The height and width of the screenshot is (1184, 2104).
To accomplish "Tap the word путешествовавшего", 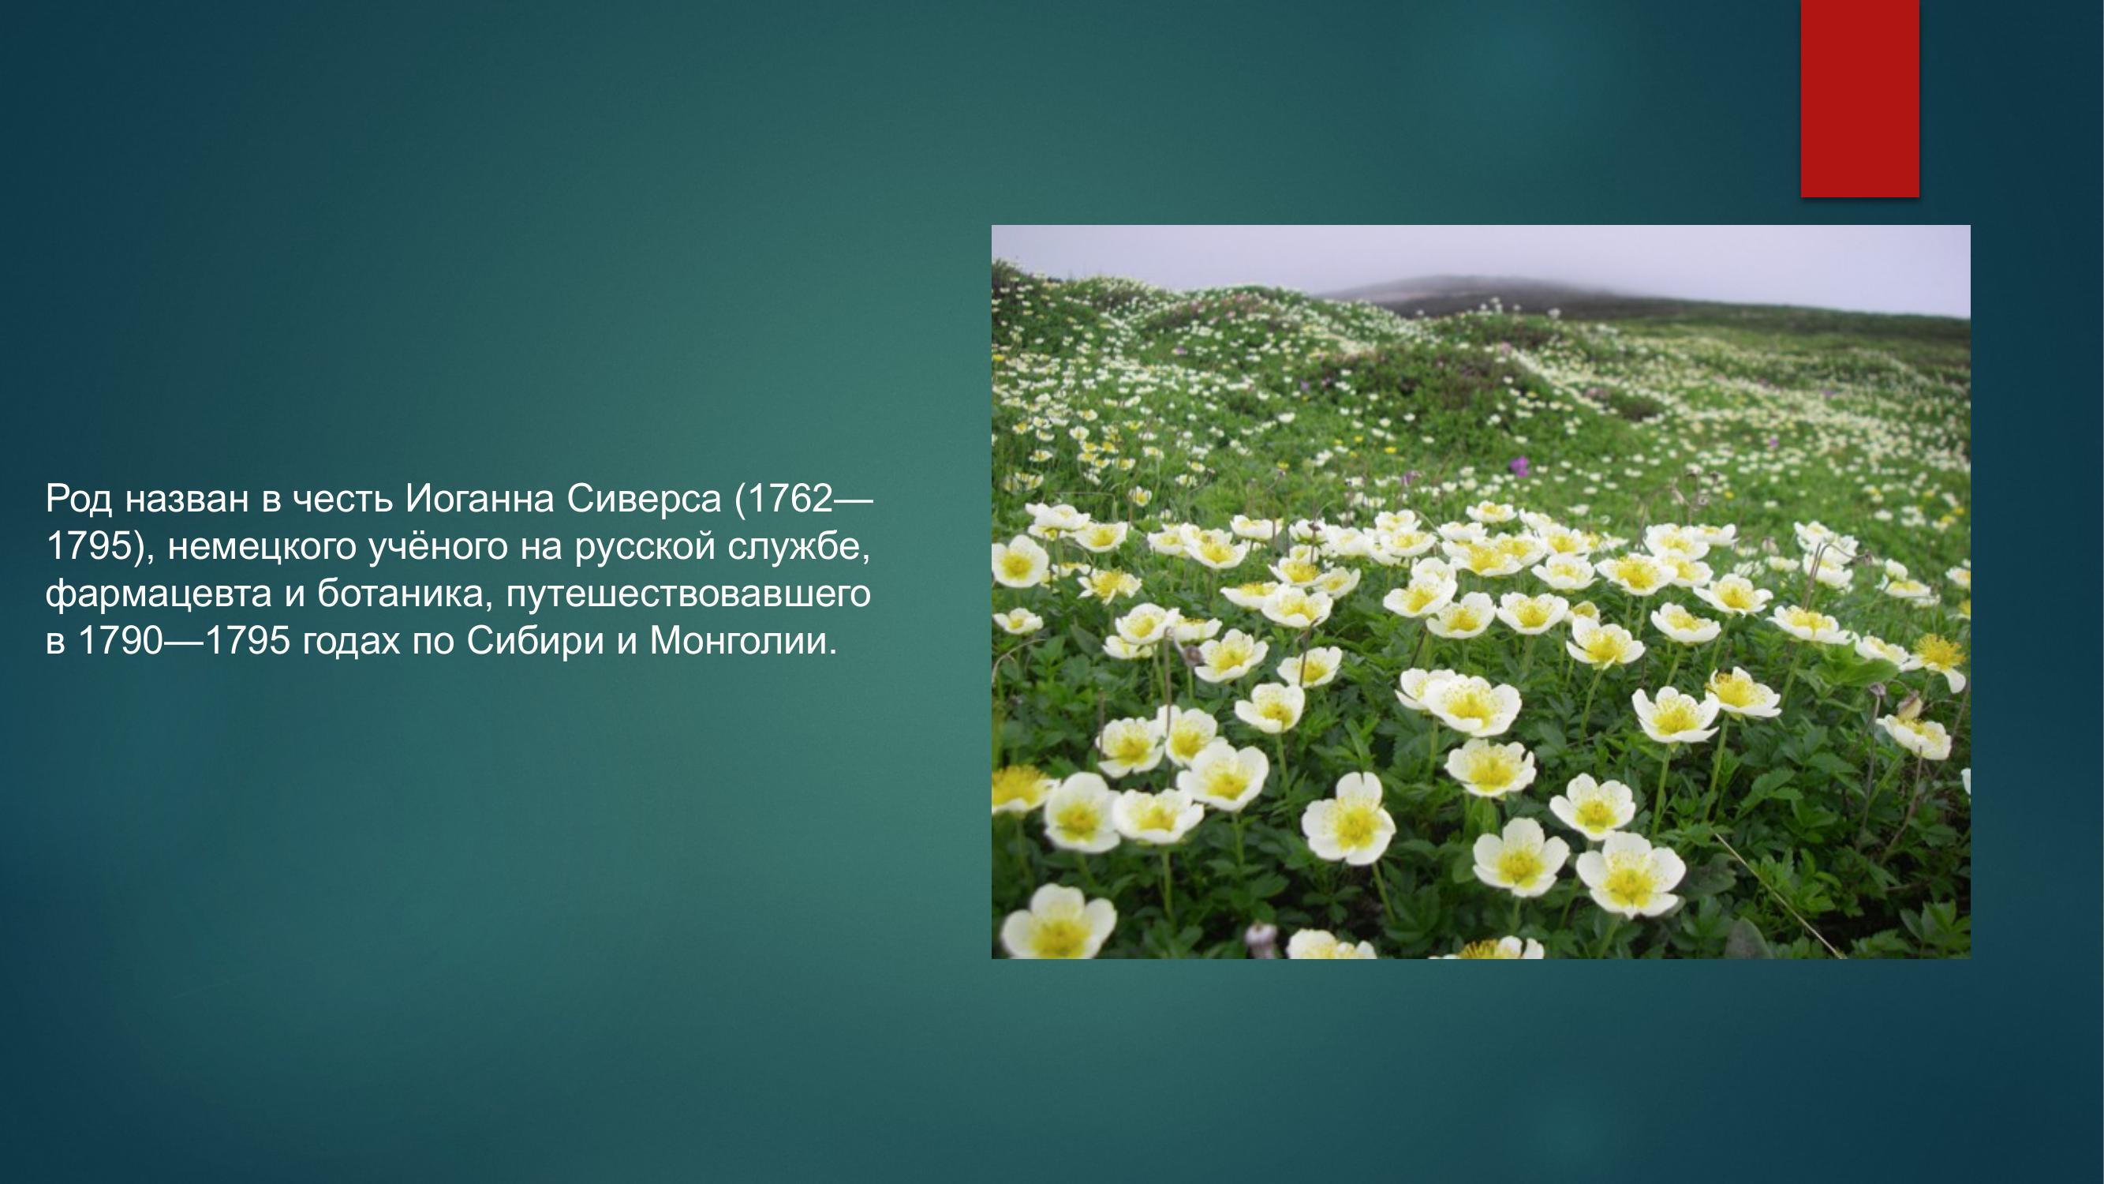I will (688, 594).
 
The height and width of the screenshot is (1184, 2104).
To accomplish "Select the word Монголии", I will (742, 641).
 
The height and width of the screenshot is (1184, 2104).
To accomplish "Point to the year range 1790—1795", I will (184, 641).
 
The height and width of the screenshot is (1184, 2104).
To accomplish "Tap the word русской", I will (645, 546).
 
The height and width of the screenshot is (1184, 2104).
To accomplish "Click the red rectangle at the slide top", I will (1859, 98).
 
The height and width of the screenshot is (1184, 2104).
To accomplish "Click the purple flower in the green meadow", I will (1519, 466).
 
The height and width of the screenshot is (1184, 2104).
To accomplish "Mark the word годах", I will (351, 641).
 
